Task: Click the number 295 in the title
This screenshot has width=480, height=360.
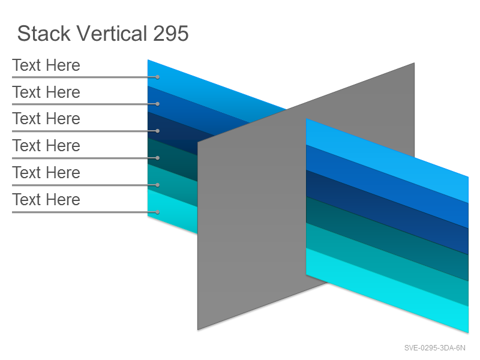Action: click(171, 34)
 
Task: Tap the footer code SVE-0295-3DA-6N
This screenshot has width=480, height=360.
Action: click(434, 348)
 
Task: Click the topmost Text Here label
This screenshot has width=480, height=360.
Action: click(46, 65)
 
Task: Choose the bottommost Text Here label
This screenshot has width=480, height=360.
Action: click(46, 200)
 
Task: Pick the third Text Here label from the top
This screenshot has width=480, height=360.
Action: click(46, 119)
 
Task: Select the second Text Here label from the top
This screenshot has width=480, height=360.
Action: click(46, 92)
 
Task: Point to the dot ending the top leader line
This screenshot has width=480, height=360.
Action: click(157, 77)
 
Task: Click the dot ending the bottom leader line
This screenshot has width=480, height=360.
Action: click(157, 212)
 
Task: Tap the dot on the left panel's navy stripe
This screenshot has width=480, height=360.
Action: click(157, 131)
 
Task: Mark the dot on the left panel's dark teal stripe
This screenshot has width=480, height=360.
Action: click(157, 158)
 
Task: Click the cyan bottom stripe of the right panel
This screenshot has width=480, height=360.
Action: click(387, 290)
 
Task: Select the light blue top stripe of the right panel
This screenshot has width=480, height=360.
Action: click(387, 161)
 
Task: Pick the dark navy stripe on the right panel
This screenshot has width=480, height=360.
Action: click(387, 212)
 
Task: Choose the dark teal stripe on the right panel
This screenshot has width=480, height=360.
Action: click(387, 239)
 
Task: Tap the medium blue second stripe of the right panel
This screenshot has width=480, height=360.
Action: click(387, 187)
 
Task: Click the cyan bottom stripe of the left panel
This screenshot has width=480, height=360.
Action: click(172, 212)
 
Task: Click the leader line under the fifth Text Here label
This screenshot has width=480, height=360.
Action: click(85, 185)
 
